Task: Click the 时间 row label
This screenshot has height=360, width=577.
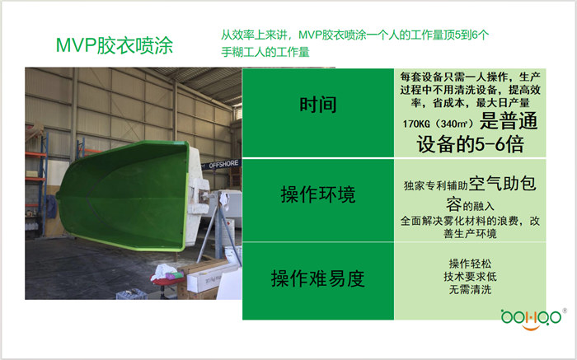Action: pyautogui.click(x=318, y=105)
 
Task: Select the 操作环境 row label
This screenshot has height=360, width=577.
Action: pyautogui.click(x=318, y=195)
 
